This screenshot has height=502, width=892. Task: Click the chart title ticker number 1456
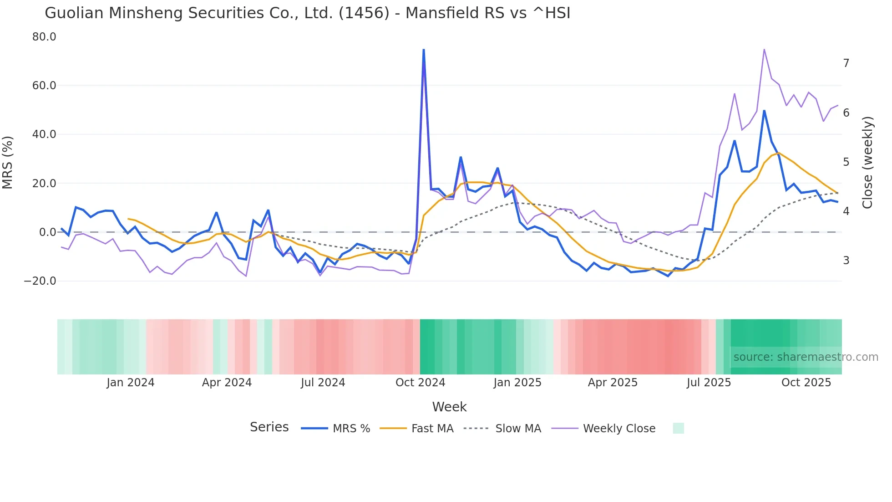tap(364, 13)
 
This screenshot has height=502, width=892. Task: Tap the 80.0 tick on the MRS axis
tap(44, 37)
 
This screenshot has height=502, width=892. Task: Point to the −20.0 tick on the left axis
tap(40, 281)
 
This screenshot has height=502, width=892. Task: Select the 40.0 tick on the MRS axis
tap(44, 134)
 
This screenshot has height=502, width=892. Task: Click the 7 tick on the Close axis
tap(846, 63)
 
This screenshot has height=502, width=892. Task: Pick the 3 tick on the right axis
tap(846, 261)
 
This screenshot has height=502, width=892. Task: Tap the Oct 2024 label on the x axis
tap(420, 383)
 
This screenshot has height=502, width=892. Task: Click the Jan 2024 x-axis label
tap(131, 383)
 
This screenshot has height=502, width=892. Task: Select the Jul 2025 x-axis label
tap(709, 383)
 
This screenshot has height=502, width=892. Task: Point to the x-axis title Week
tap(449, 407)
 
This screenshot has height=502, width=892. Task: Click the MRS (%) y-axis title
tap(8, 163)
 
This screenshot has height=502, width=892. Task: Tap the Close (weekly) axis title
tap(867, 163)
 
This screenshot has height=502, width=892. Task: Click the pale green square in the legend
tap(678, 428)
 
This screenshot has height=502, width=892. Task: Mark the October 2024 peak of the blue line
tap(424, 50)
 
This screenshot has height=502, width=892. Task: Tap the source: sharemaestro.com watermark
tap(806, 357)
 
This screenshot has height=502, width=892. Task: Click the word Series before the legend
tap(269, 427)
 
